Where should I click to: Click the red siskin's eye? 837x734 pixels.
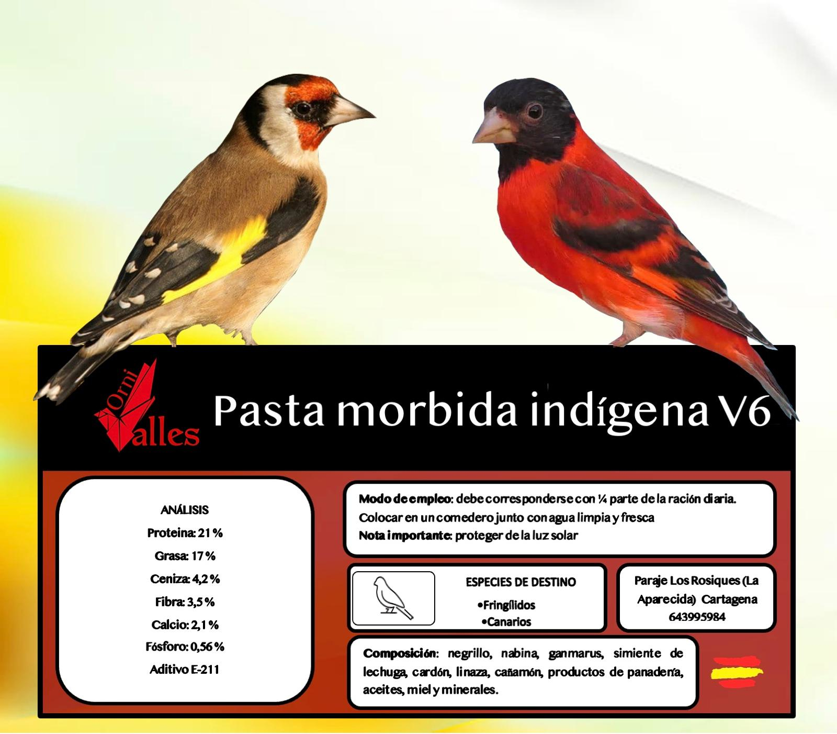pos(534,112)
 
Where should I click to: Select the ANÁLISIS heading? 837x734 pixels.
pos(185,510)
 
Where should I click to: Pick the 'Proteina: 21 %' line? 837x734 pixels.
pos(185,533)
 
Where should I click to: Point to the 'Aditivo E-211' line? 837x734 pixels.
pos(185,670)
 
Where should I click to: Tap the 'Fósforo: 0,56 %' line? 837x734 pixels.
pos(185,647)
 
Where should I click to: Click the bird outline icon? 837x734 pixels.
pos(393,598)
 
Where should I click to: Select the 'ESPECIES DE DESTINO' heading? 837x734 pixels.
pos(521,582)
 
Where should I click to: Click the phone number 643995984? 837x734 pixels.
pos(697,617)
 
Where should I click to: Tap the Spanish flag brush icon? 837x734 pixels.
pos(737,672)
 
